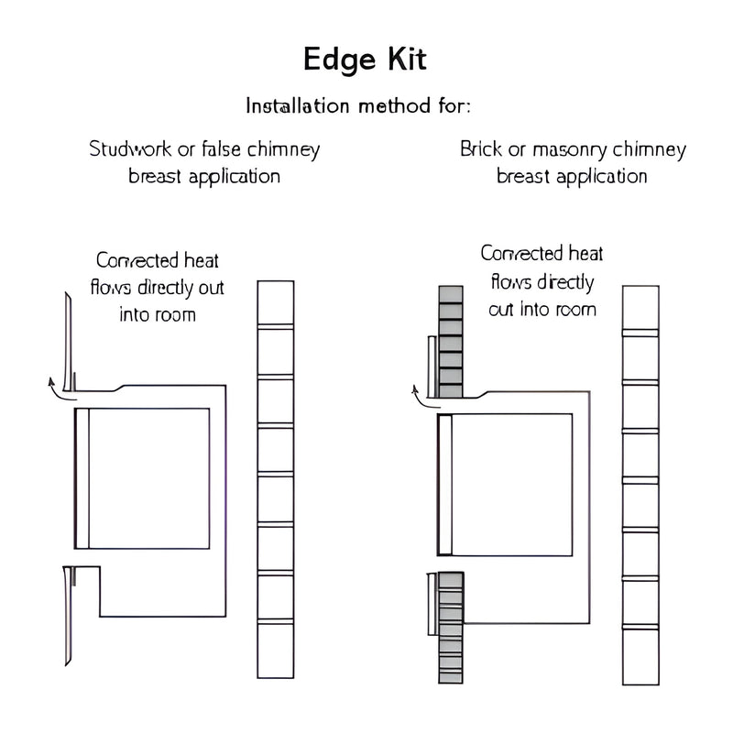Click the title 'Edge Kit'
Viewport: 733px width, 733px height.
click(365, 60)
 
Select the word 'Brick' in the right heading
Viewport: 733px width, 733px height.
click(480, 149)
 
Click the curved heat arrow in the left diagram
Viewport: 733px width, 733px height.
click(58, 387)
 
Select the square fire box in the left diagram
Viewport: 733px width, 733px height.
click(149, 477)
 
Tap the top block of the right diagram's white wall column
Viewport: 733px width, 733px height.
click(640, 308)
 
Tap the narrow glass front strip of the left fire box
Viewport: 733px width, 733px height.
click(82, 477)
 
